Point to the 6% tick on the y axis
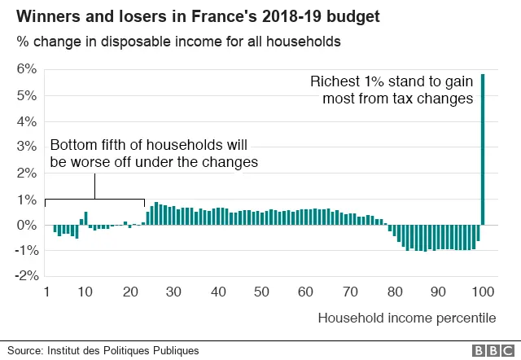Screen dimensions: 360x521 pyautogui.click(x=27, y=69)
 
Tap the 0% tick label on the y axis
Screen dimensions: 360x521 pyautogui.click(x=27, y=225)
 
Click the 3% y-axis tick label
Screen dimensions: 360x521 pyautogui.click(x=27, y=147)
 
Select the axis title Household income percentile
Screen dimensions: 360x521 pyautogui.click(x=406, y=318)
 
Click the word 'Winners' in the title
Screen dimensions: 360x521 pyautogui.click(x=42, y=15)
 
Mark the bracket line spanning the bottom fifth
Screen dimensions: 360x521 pyautogui.click(x=95, y=198)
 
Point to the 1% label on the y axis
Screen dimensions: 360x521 pyautogui.click(x=27, y=200)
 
